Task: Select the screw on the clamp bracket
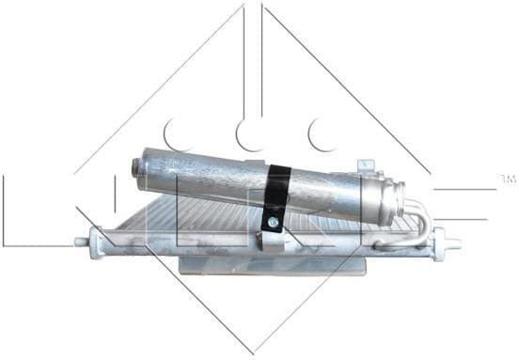click(271, 223)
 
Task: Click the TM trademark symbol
click(508, 178)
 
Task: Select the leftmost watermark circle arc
click(175, 132)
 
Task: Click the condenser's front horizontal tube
click(235, 246)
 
